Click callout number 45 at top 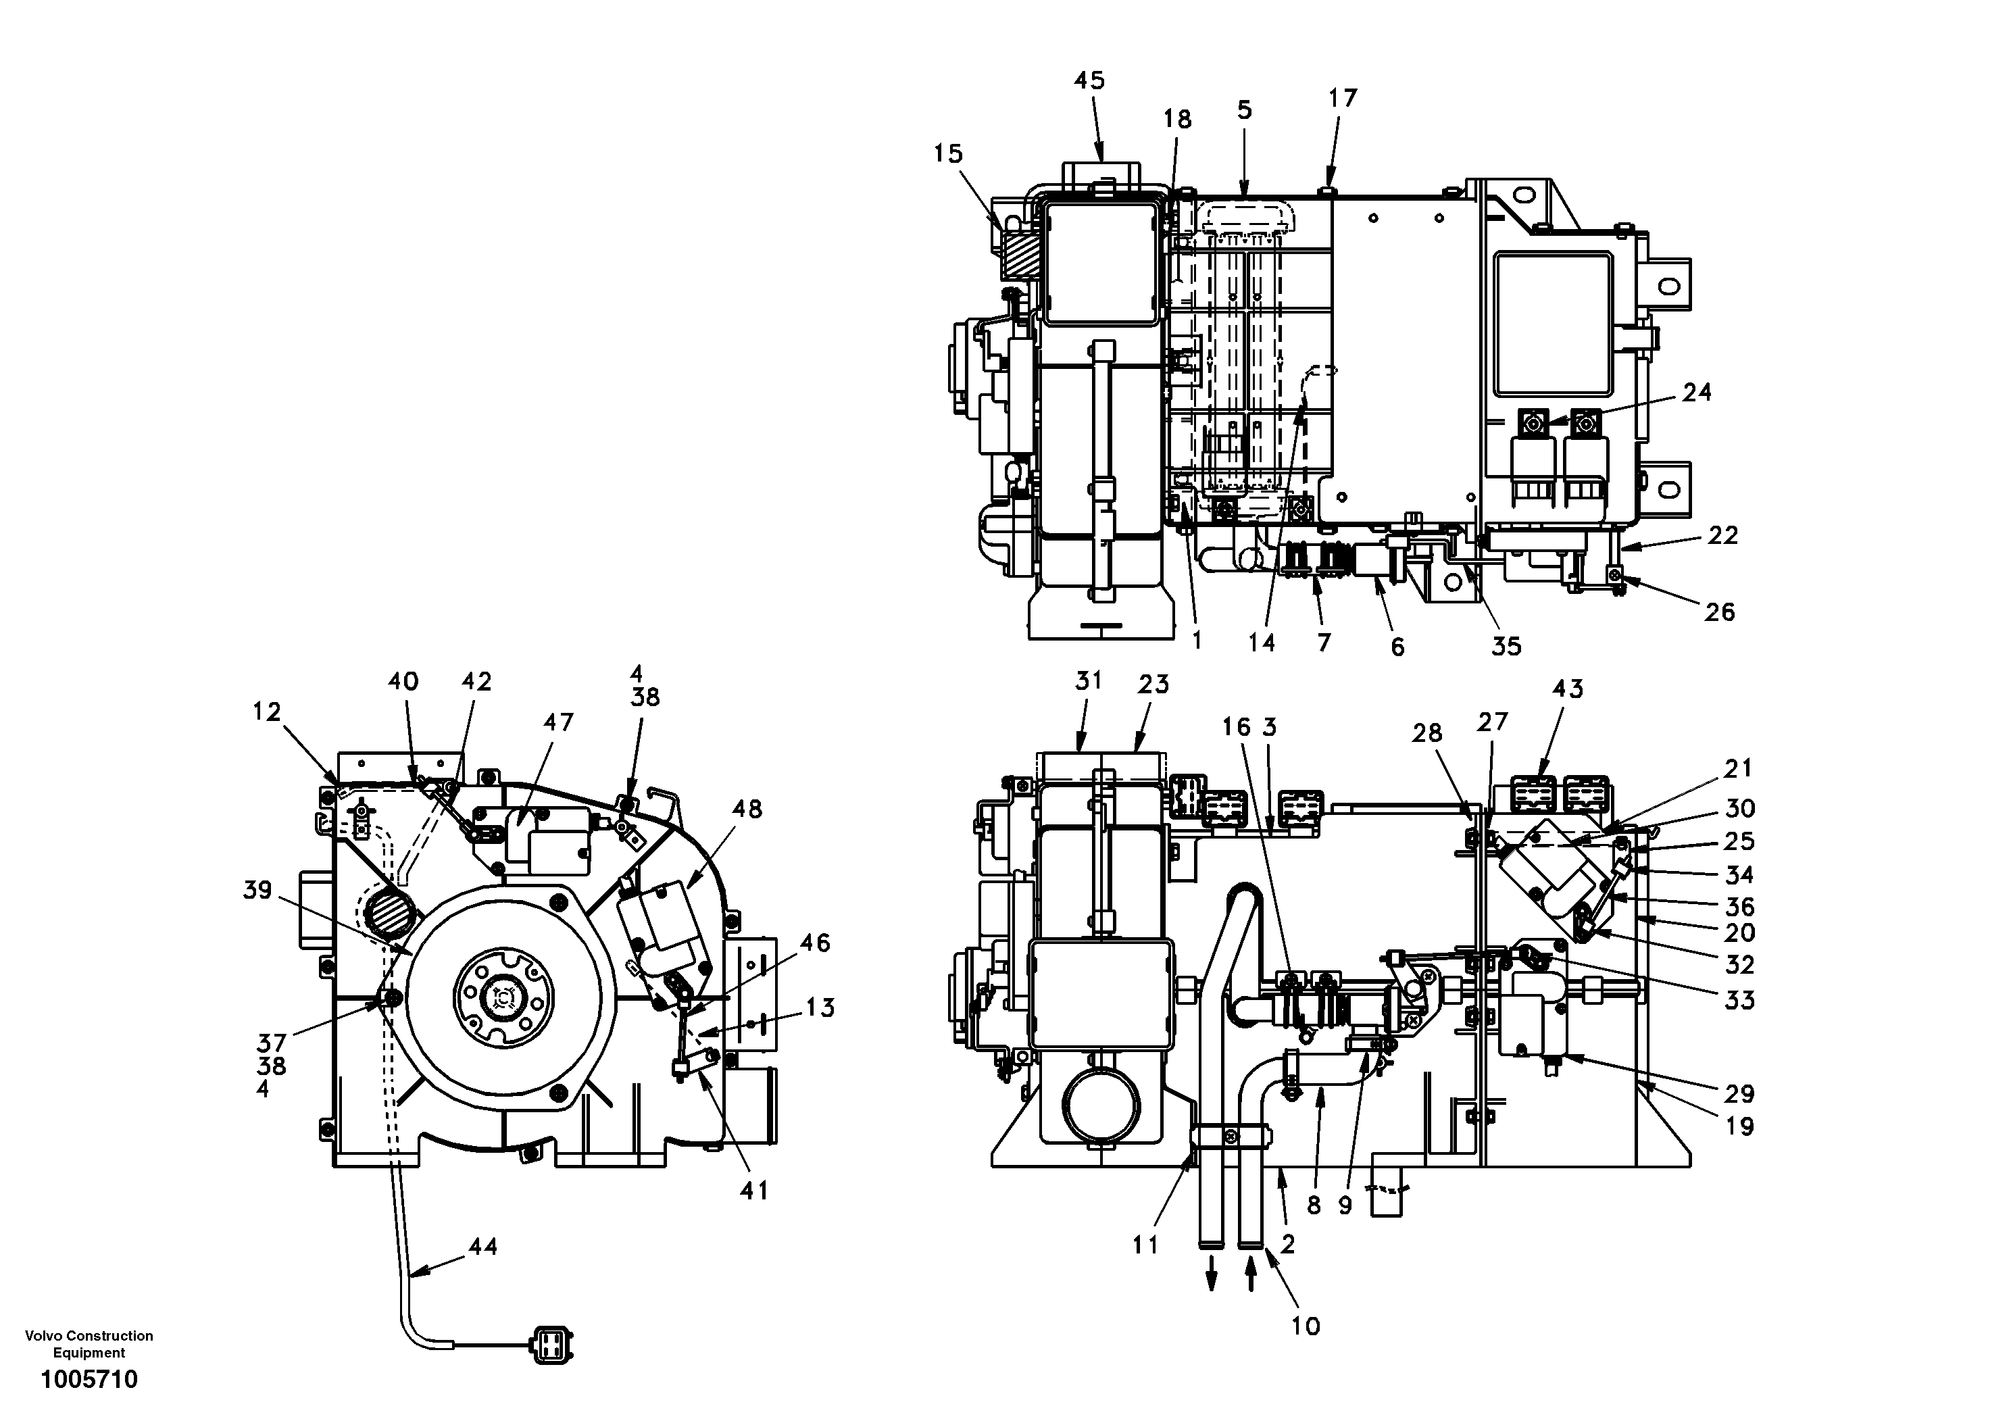click(x=1089, y=80)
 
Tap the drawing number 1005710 click(x=89, y=1380)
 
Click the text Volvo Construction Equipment click(x=89, y=1344)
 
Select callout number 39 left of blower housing click(x=257, y=890)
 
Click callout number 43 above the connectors click(x=1567, y=689)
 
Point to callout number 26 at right click(x=1718, y=612)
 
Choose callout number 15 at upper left click(x=947, y=153)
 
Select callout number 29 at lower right click(x=1739, y=1093)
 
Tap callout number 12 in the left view click(x=266, y=712)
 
